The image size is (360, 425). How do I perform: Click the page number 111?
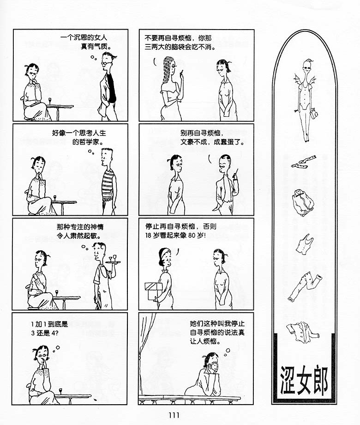click(x=174, y=415)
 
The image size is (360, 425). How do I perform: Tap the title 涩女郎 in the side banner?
click(x=304, y=380)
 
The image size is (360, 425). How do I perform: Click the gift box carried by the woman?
click(x=154, y=291)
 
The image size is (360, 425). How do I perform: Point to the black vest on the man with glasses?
click(x=111, y=88)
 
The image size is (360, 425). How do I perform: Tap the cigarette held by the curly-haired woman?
click(x=181, y=72)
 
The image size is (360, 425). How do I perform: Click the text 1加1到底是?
click(x=49, y=324)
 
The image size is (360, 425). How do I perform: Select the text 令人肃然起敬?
click(x=78, y=236)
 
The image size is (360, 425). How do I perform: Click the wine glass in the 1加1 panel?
click(x=60, y=391)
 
